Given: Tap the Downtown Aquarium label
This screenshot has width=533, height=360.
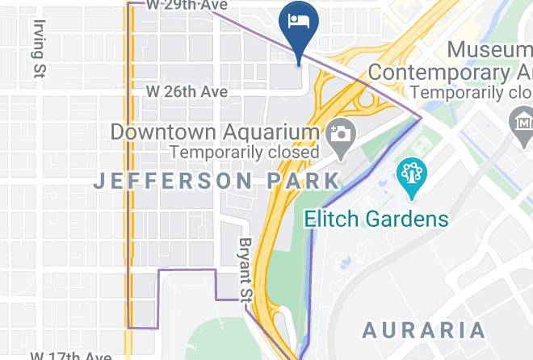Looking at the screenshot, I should (215, 132).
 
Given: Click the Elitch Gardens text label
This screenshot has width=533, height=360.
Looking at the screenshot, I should (376, 218).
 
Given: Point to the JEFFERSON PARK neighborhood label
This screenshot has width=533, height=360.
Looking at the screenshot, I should (216, 180).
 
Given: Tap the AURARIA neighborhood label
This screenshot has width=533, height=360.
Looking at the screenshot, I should (424, 329).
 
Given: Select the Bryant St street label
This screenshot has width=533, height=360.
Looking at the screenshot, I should (246, 267).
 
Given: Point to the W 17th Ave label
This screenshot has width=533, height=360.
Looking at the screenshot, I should (71, 355).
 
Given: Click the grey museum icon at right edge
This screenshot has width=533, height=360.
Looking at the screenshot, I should (522, 123).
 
